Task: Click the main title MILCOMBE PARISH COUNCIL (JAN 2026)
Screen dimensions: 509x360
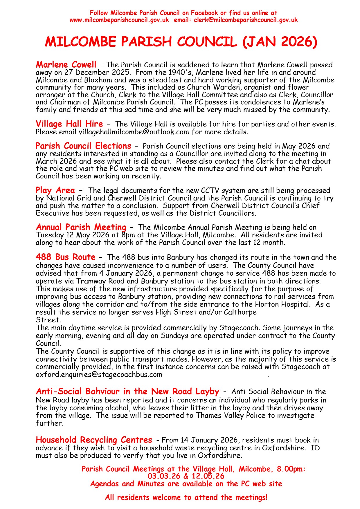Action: click(x=181, y=42)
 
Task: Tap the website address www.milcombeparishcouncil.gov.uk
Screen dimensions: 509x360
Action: click(x=119, y=20)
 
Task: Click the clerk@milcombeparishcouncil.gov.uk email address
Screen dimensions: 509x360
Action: click(x=246, y=20)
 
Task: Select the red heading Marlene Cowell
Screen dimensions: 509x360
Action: click(x=66, y=64)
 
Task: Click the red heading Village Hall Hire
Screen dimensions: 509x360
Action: click(x=69, y=124)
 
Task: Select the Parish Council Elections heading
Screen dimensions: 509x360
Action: click(x=83, y=146)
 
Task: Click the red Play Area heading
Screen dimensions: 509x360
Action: click(x=55, y=190)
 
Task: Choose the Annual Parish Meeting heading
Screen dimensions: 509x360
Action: click(x=81, y=227)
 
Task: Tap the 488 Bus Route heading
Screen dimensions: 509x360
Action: click(x=65, y=257)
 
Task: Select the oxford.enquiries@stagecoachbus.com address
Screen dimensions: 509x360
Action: click(x=99, y=374)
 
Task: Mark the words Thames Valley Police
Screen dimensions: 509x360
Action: click(x=231, y=415)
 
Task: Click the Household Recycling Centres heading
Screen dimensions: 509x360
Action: click(x=94, y=440)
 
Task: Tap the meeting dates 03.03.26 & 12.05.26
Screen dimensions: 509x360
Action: click(x=186, y=476)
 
